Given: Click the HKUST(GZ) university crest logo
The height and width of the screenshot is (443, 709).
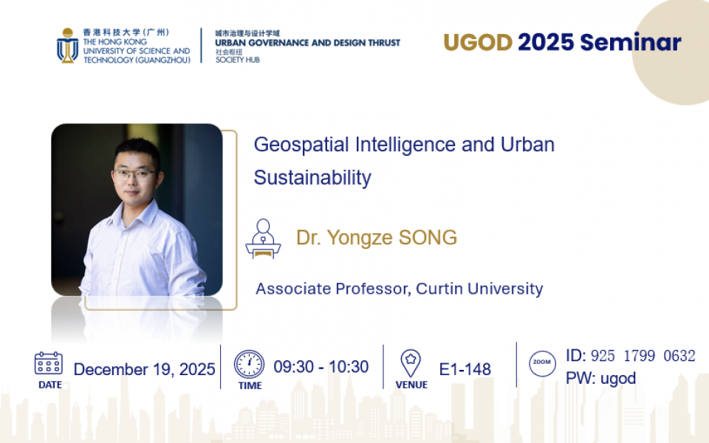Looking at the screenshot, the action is click(x=67, y=46).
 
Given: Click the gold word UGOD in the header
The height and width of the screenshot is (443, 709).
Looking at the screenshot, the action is click(x=478, y=43).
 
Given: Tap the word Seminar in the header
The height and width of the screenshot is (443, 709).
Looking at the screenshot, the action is click(x=631, y=43).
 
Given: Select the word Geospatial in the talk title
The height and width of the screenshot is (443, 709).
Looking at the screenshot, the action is click(x=301, y=145).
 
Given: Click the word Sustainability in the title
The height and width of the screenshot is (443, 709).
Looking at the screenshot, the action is click(x=312, y=177).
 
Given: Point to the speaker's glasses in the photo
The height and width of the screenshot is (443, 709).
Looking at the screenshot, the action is click(x=134, y=174).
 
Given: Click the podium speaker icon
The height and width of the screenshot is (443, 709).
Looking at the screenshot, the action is click(x=263, y=238).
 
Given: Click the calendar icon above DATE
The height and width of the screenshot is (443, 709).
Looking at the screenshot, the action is click(x=49, y=363).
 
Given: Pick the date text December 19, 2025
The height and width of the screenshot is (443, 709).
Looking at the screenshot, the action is click(x=144, y=369).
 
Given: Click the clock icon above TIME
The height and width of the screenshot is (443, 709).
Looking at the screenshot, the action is click(x=249, y=364).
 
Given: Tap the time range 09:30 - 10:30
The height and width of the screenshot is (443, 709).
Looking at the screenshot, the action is click(x=321, y=367).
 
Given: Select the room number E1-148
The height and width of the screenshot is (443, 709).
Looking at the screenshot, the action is click(x=465, y=369).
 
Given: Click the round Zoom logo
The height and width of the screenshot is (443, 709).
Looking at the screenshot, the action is click(x=542, y=363).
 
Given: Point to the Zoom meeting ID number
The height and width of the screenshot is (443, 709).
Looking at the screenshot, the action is click(x=643, y=356).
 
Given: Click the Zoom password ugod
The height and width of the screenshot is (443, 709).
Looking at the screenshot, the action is click(x=618, y=378).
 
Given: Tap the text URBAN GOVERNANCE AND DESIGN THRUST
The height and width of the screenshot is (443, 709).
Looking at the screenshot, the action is click(x=307, y=43).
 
